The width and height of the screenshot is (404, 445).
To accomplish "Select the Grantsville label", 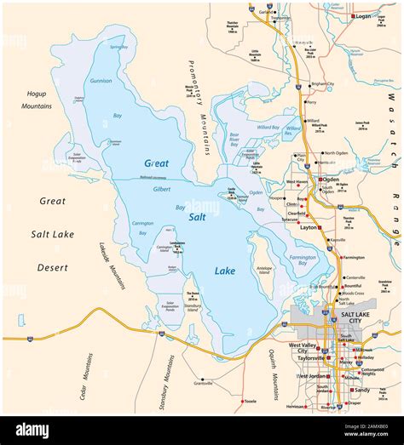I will click(x=204, y=383).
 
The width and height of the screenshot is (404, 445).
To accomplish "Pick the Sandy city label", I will click(x=361, y=390).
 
